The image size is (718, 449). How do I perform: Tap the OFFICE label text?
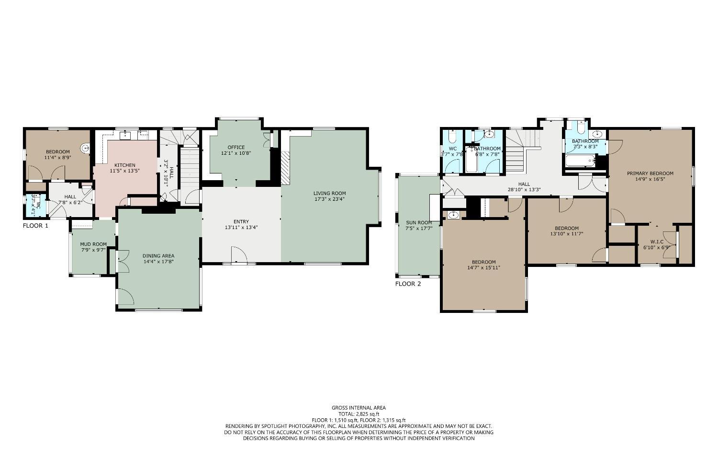pos(236,148)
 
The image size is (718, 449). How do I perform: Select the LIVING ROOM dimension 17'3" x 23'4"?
pos(330,199)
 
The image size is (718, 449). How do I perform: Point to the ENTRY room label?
pos(241,221)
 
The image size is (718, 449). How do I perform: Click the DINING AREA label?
pos(158,255)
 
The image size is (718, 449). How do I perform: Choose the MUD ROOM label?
pos(93,244)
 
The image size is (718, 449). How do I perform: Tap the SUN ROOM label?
pos(419,222)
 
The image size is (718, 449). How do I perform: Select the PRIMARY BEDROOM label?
pos(650,173)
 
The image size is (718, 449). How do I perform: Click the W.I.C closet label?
pos(657,242)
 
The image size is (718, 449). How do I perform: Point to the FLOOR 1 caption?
pos(35,225)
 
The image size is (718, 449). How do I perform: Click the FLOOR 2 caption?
pos(408,284)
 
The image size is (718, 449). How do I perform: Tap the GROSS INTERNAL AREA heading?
pos(359,408)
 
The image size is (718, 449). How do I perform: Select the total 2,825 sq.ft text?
pos(359,414)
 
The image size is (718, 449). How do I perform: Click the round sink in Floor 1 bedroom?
pos(85,148)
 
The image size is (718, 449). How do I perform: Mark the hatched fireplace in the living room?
pos(285,168)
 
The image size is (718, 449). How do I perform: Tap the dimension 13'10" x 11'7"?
pos(566,234)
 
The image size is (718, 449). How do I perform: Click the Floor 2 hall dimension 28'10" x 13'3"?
pos(524,189)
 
